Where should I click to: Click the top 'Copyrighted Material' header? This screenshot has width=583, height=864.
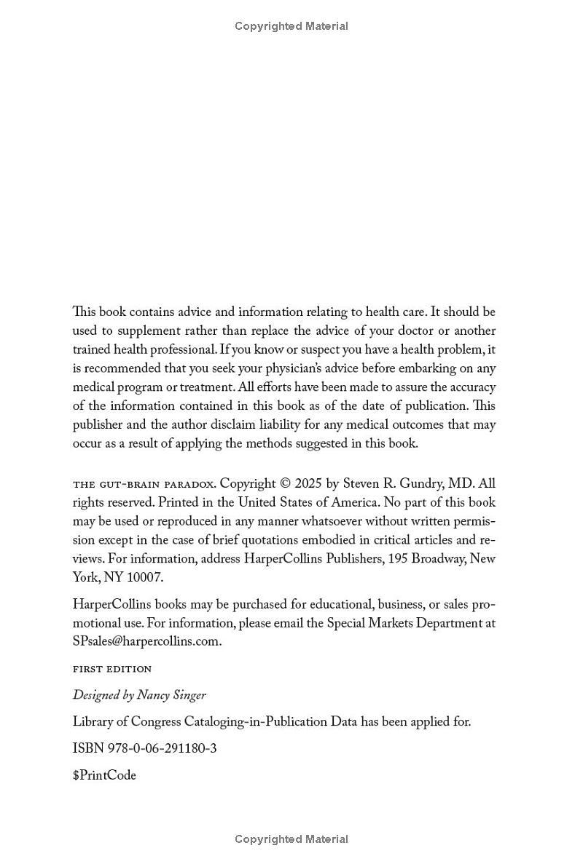pos(291,26)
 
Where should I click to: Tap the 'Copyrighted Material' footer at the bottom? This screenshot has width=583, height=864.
pos(291,839)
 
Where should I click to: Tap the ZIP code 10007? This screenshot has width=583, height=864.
pos(145,578)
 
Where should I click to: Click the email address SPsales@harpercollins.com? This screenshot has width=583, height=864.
pos(146,641)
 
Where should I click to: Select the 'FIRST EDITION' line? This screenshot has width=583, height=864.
pos(112,669)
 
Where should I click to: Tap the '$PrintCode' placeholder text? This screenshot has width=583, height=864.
pos(104,776)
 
